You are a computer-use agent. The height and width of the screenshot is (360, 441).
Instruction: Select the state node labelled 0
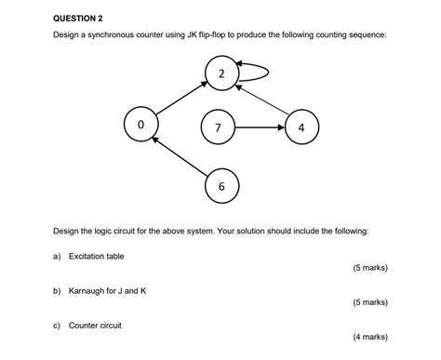(x=140, y=124)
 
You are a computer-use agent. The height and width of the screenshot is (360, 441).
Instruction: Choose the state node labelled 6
(x=220, y=186)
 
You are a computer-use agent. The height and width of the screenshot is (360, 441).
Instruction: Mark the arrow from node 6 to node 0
(x=179, y=155)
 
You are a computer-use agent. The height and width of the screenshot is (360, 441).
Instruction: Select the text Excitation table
(x=96, y=256)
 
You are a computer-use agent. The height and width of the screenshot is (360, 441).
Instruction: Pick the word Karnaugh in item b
(x=88, y=291)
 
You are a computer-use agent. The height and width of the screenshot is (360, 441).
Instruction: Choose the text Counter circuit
(x=95, y=326)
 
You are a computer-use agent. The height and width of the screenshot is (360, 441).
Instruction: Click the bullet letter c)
(x=57, y=326)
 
